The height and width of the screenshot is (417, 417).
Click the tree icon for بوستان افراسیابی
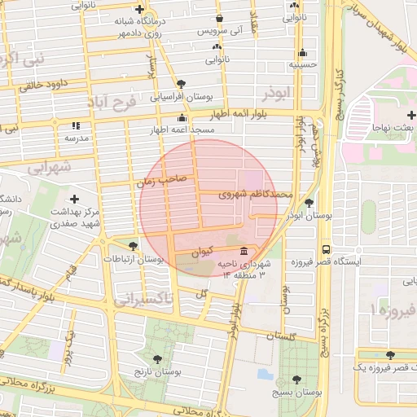click(180, 84)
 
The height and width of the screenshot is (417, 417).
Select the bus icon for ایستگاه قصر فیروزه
click(327, 249)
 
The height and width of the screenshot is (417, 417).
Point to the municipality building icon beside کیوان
click(245, 250)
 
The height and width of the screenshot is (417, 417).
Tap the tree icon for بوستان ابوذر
click(309, 203)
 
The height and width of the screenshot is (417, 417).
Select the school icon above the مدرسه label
click(76, 125)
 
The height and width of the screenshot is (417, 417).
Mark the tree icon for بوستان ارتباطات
click(133, 245)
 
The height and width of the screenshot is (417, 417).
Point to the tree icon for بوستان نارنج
click(156, 358)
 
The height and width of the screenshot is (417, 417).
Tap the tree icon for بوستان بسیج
click(296, 379)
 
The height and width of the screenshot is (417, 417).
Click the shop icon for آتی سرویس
click(219, 18)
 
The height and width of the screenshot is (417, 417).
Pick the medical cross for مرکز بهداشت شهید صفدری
click(74, 199)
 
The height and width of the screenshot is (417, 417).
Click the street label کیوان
click(207, 252)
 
